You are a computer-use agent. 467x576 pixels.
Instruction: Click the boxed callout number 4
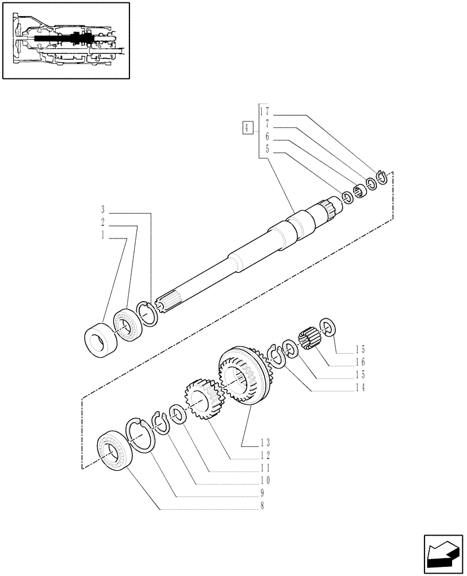point(247,128)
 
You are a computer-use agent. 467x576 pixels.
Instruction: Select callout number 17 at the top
point(265,111)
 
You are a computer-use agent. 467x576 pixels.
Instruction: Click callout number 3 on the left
point(102,210)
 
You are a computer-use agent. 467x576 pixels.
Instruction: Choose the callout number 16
point(361,362)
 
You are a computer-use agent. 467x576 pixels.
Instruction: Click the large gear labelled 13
point(240,377)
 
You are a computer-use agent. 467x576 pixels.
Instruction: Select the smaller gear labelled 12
point(201,399)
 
